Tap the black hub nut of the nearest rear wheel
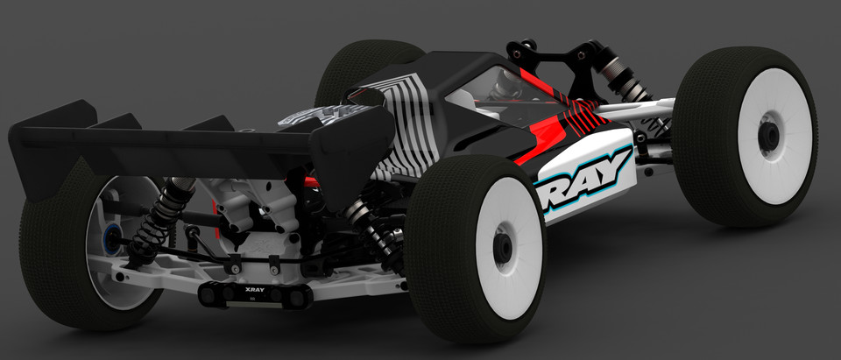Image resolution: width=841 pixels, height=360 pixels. [x=503, y=248]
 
